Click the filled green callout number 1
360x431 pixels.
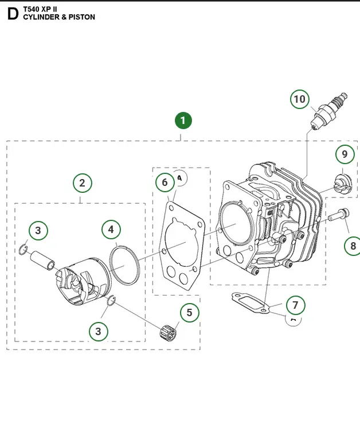183,121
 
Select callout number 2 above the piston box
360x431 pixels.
83,183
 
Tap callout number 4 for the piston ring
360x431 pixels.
111,230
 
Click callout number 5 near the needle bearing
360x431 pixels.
189,313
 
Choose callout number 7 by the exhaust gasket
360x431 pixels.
295,305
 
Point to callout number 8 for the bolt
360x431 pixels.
353,246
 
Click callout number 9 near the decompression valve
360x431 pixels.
344,154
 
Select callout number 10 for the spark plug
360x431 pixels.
299,99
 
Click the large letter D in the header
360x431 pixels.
13,14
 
